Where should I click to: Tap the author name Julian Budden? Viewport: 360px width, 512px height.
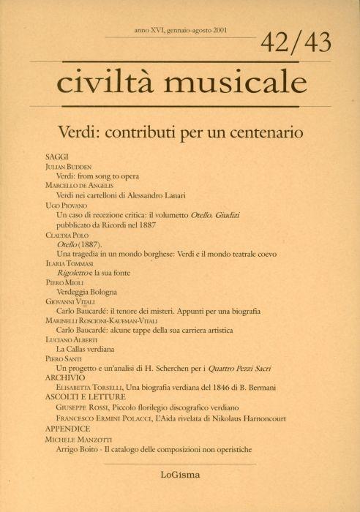[x=71, y=167]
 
